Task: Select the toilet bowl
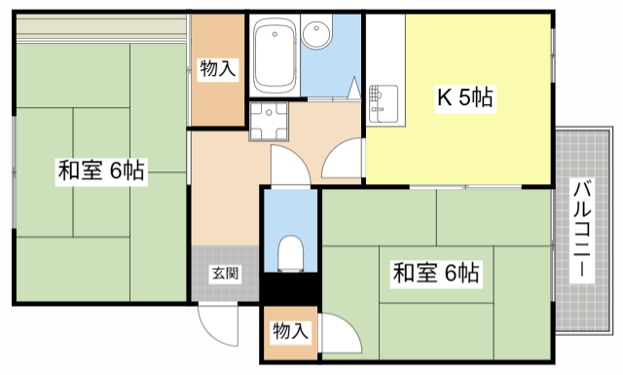tap(290, 255)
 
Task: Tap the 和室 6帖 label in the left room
tap(101, 171)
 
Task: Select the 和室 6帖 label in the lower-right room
tap(435, 273)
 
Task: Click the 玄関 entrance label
tap(224, 273)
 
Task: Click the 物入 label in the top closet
tap(217, 68)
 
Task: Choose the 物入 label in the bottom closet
tap(289, 331)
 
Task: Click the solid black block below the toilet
tap(289, 287)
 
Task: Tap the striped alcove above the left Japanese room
tap(102, 28)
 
